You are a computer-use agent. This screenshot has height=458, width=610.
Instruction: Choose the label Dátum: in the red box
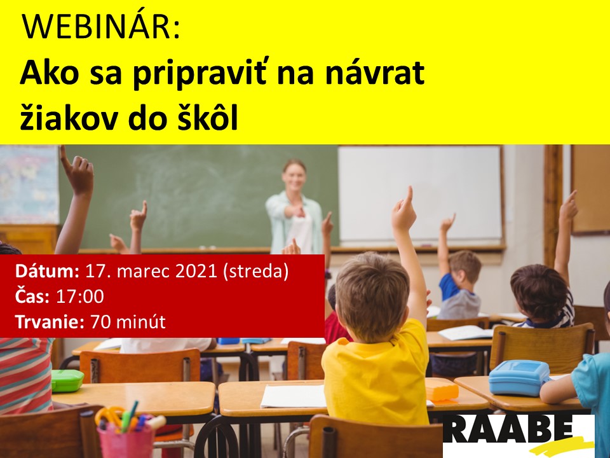coord(48,271)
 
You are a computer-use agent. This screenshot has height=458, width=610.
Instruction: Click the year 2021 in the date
coord(196,271)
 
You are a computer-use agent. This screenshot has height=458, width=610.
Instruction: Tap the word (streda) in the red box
coord(255,272)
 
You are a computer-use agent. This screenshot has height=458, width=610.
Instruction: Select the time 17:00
coord(80,296)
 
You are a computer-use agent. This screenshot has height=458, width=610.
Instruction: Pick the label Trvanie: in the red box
coord(50,322)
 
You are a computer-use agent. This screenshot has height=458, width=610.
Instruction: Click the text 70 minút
coord(128,322)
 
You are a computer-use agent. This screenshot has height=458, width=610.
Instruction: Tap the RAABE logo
coord(518,435)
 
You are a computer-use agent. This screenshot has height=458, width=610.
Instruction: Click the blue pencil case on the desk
coord(519,377)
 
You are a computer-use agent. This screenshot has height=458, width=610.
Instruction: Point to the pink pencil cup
coord(126,440)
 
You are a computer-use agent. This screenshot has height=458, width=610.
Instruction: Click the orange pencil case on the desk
coord(442,390)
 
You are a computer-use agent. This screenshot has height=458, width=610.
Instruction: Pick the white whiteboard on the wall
coord(419,193)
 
